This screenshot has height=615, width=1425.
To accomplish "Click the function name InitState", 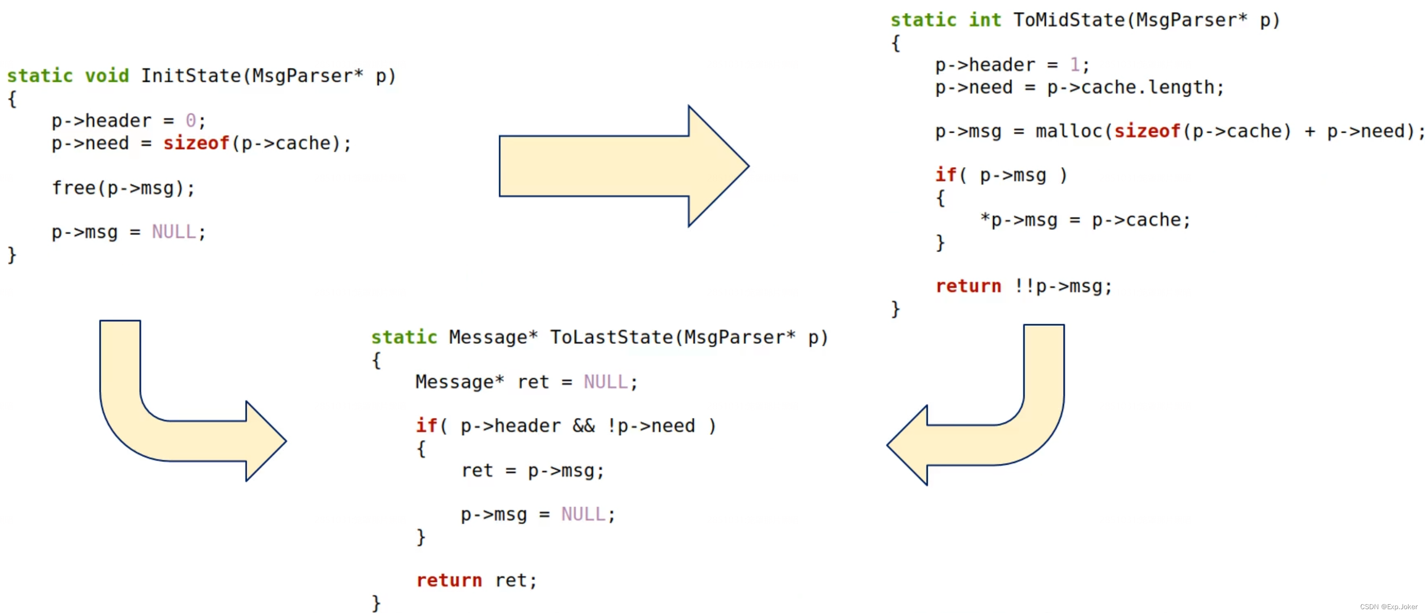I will [191, 76].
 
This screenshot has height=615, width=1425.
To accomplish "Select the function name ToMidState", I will [1069, 20].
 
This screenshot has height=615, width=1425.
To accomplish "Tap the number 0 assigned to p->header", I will [191, 121].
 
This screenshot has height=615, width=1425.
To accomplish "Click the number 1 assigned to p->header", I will [1074, 65].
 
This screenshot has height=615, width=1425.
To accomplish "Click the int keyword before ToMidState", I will [985, 20].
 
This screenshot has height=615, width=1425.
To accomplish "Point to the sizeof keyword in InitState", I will [196, 144].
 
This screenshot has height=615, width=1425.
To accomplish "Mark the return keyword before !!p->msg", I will [968, 286].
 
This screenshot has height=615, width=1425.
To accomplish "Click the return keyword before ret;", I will [449, 580].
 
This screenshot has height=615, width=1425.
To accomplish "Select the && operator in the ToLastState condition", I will [584, 426].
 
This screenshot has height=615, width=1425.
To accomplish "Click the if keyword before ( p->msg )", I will [945, 175].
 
